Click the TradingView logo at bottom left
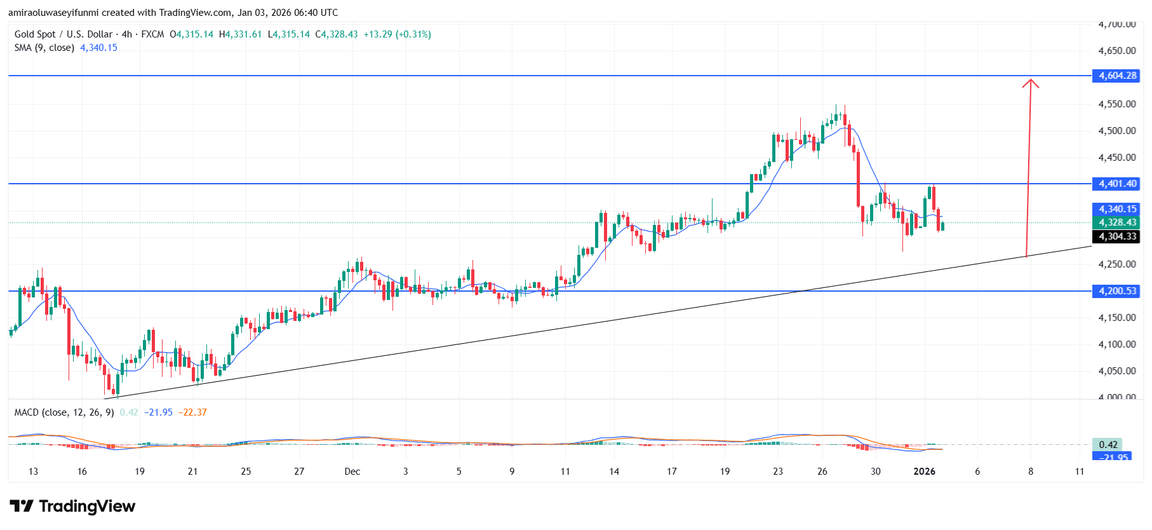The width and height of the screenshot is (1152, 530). click(72, 506)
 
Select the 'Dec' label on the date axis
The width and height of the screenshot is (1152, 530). click(352, 472)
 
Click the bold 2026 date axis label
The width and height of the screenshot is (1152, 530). click(924, 472)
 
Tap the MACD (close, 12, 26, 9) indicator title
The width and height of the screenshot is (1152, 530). click(64, 412)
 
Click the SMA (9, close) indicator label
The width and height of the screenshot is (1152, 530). click(44, 48)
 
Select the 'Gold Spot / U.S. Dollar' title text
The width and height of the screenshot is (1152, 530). click(64, 34)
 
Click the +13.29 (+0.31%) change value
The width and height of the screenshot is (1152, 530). click(397, 34)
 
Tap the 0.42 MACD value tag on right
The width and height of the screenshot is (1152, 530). click(1108, 445)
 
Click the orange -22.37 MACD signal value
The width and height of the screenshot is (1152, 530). click(192, 412)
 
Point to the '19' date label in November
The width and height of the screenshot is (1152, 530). click(140, 472)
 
